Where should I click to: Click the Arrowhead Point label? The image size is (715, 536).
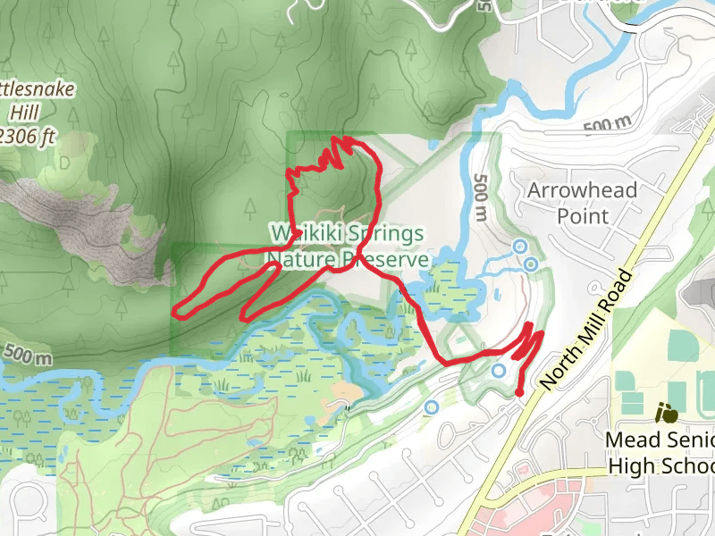pos(582,203)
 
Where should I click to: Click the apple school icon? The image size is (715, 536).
pos(666,413)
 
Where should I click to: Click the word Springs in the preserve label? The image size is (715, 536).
pos(380,235)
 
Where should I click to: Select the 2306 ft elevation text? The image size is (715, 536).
pos(27,137)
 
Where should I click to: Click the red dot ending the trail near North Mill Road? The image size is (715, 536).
pos(520,392)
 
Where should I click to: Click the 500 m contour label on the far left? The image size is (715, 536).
pos(27,354)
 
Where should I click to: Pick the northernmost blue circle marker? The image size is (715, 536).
pos(518,246)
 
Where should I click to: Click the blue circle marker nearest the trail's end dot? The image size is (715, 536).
pos(499,370)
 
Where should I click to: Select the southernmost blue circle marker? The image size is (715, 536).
pos(433,407)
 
